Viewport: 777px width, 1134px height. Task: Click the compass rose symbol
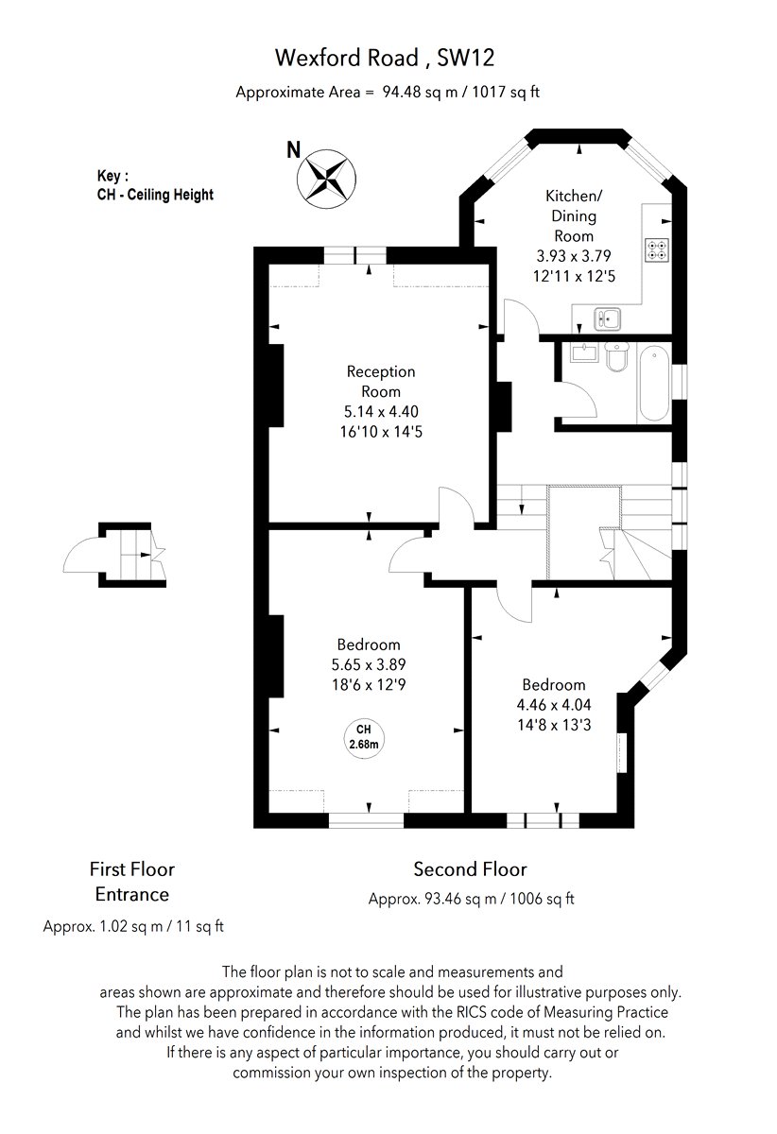(x=326, y=179)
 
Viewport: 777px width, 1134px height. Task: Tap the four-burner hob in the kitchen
(x=656, y=250)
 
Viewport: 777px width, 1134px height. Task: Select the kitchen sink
(x=607, y=319)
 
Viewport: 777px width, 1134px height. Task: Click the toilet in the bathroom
(x=617, y=356)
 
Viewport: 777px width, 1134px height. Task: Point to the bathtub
(x=654, y=384)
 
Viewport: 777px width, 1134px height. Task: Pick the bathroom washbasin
(x=584, y=352)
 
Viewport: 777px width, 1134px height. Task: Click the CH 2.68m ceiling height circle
(x=364, y=739)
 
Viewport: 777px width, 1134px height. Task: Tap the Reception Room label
(x=381, y=381)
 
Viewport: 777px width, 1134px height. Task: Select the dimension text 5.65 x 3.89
(x=369, y=664)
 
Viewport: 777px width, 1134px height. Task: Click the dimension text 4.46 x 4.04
(x=554, y=704)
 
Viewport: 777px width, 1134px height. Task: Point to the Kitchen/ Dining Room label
(x=574, y=215)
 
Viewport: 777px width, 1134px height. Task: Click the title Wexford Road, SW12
(x=385, y=58)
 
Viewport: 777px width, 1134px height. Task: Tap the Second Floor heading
(x=470, y=869)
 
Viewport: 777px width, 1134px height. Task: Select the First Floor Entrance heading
(x=132, y=882)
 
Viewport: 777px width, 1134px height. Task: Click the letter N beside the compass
(x=294, y=149)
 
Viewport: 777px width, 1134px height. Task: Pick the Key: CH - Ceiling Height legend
(x=155, y=185)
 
